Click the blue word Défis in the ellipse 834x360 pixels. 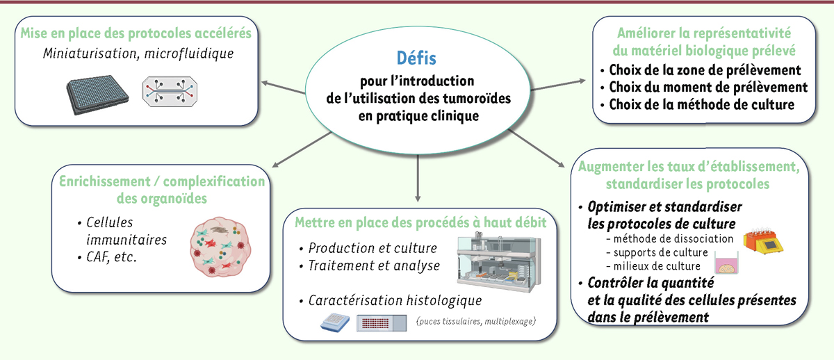[416, 58]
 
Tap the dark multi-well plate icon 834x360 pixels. [97, 95]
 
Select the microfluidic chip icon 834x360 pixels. [170, 92]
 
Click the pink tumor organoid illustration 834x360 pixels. [220, 247]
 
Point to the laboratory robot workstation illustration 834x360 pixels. [499, 262]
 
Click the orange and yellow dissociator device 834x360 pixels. [763, 242]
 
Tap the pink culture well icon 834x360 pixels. [726, 263]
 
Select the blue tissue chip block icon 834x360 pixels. [335, 322]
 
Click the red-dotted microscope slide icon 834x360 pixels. [382, 323]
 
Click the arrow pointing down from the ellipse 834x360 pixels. [418, 178]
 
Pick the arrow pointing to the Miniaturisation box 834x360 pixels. [284, 88]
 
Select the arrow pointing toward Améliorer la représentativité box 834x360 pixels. [557, 85]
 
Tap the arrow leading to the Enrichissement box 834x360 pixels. [302, 149]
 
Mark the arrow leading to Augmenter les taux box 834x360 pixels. [537, 148]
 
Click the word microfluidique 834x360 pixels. [189, 54]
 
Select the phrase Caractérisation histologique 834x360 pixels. [395, 300]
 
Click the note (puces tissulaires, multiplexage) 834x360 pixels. [476, 321]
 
